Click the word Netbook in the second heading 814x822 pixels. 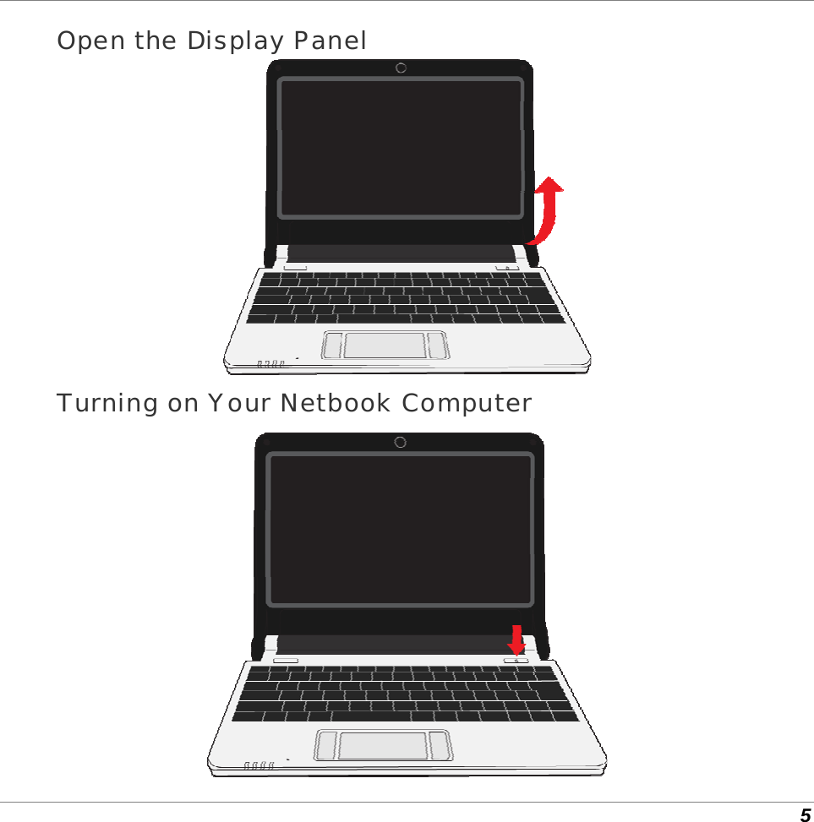(336, 404)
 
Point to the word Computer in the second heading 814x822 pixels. (467, 404)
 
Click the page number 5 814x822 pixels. (805, 814)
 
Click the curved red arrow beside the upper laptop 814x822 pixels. (545, 211)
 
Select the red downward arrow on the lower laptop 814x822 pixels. (516, 639)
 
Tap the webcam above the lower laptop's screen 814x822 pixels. (400, 443)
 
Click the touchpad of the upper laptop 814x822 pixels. (385, 345)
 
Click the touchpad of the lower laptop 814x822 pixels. (383, 745)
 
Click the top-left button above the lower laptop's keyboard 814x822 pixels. (286, 660)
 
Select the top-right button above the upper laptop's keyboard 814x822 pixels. (507, 268)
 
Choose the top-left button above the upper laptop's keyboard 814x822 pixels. (296, 267)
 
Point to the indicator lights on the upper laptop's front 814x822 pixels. (270, 364)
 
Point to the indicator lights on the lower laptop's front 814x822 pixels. (259, 765)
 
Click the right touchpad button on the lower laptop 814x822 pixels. (440, 744)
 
